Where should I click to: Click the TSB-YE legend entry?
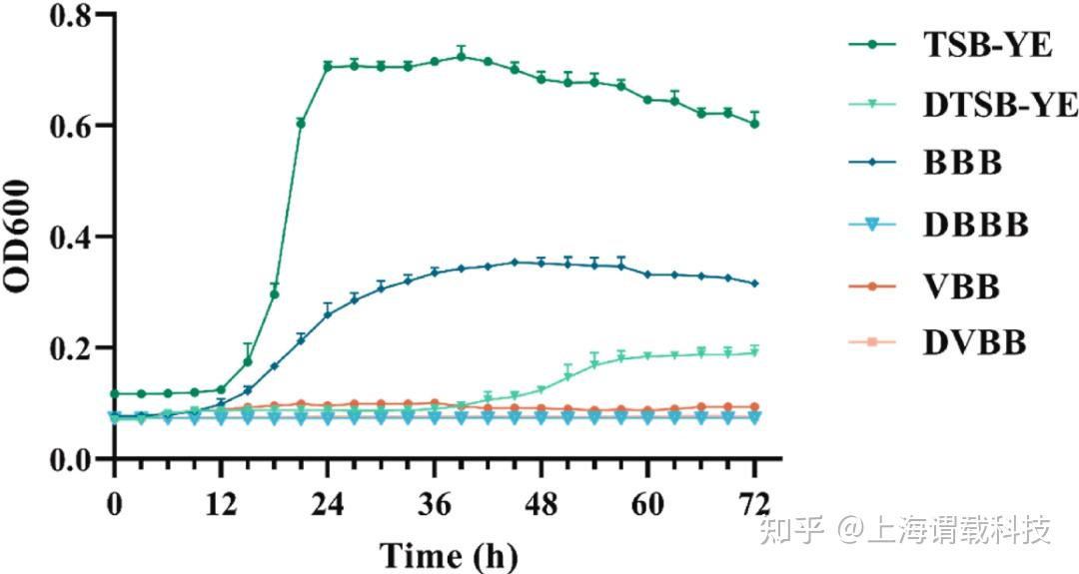point(987,45)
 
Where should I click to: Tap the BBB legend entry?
point(962,165)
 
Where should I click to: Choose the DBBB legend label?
point(974,226)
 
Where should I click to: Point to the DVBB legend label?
point(975,344)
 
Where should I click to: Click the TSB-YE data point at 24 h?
point(328,67)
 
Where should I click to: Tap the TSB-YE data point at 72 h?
point(754,124)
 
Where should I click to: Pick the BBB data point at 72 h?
point(754,284)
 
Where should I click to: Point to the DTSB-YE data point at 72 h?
point(754,352)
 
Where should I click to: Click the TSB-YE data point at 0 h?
point(115,394)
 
